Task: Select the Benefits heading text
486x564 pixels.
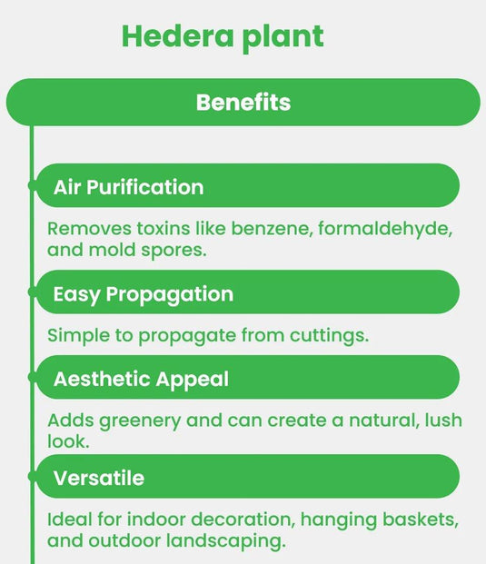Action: [243, 102]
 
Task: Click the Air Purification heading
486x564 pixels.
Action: [128, 187]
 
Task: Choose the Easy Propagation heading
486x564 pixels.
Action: [143, 294]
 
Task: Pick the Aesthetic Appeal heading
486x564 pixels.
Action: [141, 379]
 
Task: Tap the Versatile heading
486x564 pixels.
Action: [98, 478]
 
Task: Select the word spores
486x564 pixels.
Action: [176, 250]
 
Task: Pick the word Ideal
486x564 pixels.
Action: [68, 519]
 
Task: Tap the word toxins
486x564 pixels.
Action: [157, 228]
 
